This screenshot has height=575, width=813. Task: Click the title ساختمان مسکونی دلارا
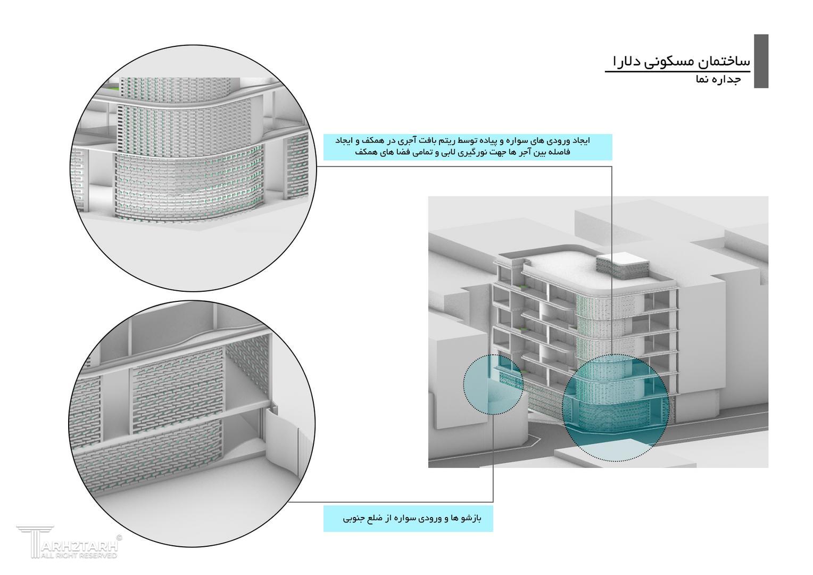(x=681, y=61)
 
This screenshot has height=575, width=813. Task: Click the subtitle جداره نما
(x=718, y=80)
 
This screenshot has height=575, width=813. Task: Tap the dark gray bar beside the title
(x=761, y=61)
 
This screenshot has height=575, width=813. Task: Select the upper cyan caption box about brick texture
(x=468, y=147)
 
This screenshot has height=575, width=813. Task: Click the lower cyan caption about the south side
(x=408, y=519)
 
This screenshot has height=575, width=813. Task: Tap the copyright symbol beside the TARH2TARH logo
(x=119, y=538)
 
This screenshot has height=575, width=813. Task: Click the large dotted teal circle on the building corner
(x=616, y=407)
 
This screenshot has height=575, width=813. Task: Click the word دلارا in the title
(x=628, y=61)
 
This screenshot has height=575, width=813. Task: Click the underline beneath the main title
(x=677, y=71)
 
